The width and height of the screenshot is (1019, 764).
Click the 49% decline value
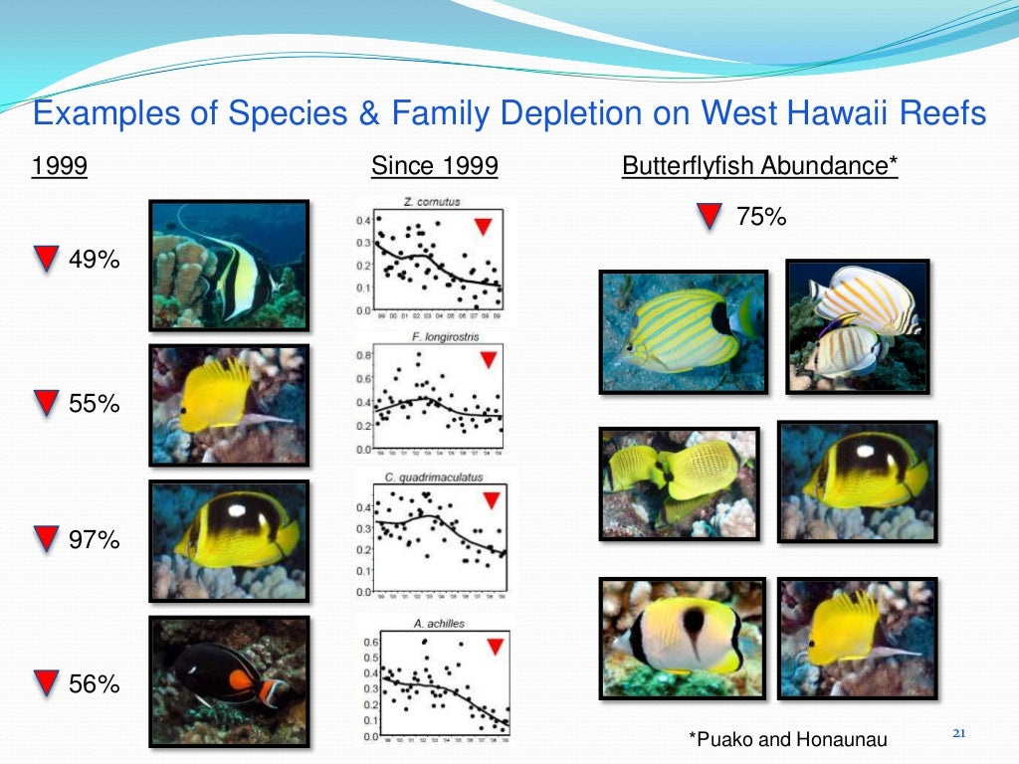pos(95,261)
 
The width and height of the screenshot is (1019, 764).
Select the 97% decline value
pos(95,540)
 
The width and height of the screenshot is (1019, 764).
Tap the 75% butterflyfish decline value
pos(761,216)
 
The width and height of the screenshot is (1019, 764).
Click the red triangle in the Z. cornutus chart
pos(483,227)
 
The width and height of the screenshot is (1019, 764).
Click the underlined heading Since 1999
pos(434,165)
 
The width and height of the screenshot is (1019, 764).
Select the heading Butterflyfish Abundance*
pos(759,165)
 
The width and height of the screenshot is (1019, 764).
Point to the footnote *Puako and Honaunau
pos(786,738)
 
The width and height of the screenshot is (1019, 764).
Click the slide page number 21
pos(959,734)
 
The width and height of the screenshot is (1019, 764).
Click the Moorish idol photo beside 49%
pos(228,265)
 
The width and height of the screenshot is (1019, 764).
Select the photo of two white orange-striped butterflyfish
pos(857,325)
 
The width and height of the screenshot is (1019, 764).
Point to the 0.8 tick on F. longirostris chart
pos(365,355)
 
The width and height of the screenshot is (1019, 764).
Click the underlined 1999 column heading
pos(60,165)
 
